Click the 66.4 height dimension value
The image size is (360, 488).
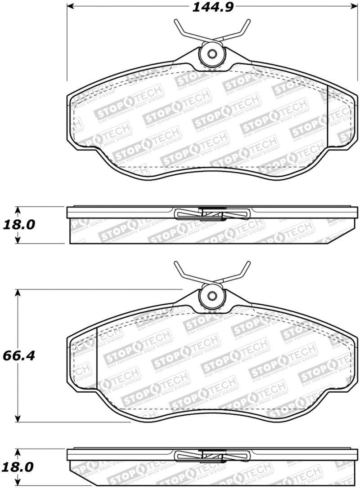click(x=18, y=355)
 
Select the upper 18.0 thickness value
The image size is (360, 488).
click(x=18, y=225)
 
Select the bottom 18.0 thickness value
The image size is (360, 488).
click(x=18, y=467)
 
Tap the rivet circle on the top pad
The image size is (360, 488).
click(x=212, y=54)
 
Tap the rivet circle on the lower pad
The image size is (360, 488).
click(x=211, y=297)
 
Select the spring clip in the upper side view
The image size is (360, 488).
click(x=211, y=214)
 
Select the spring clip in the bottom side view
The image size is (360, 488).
click(x=211, y=456)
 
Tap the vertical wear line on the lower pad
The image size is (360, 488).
click(x=97, y=355)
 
